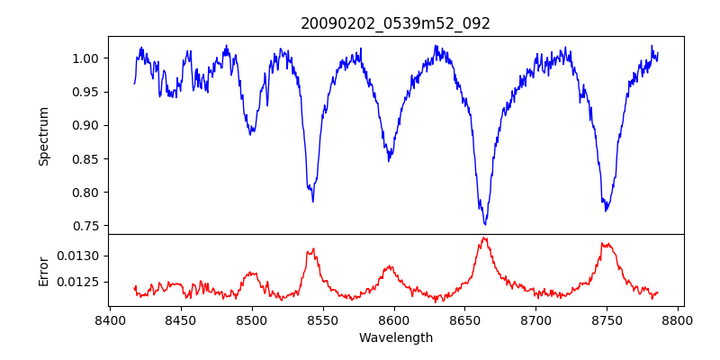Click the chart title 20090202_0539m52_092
[396, 23]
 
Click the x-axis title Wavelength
[396, 337]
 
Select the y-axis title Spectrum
[43, 136]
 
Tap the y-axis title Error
[43, 270]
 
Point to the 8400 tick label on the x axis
[109, 319]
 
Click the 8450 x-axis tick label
[180, 319]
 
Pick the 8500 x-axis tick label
[251, 319]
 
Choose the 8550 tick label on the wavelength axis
[322, 319]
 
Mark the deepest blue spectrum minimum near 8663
[484, 224]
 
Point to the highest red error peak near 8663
[484, 238]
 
